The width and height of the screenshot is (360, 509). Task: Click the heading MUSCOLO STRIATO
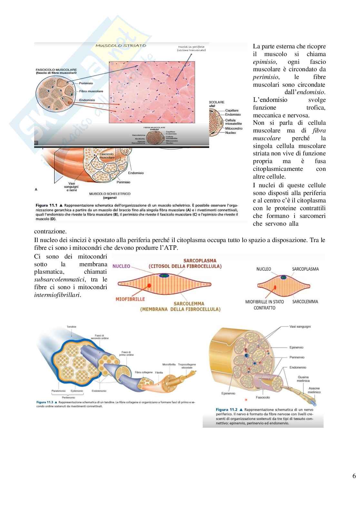(x=121, y=45)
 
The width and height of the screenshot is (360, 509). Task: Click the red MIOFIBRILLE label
(x=130, y=299)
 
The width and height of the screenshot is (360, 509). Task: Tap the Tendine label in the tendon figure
(x=72, y=327)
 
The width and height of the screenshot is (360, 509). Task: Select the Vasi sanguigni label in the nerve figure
(x=300, y=327)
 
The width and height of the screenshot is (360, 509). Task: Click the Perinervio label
(x=297, y=357)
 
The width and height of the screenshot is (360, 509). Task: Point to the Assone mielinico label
(x=314, y=390)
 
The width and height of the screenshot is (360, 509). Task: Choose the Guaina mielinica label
(x=304, y=379)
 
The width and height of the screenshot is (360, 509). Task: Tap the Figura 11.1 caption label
(x=46, y=205)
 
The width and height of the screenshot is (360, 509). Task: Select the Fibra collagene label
(x=144, y=372)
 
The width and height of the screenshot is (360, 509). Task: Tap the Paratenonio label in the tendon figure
(x=58, y=391)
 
